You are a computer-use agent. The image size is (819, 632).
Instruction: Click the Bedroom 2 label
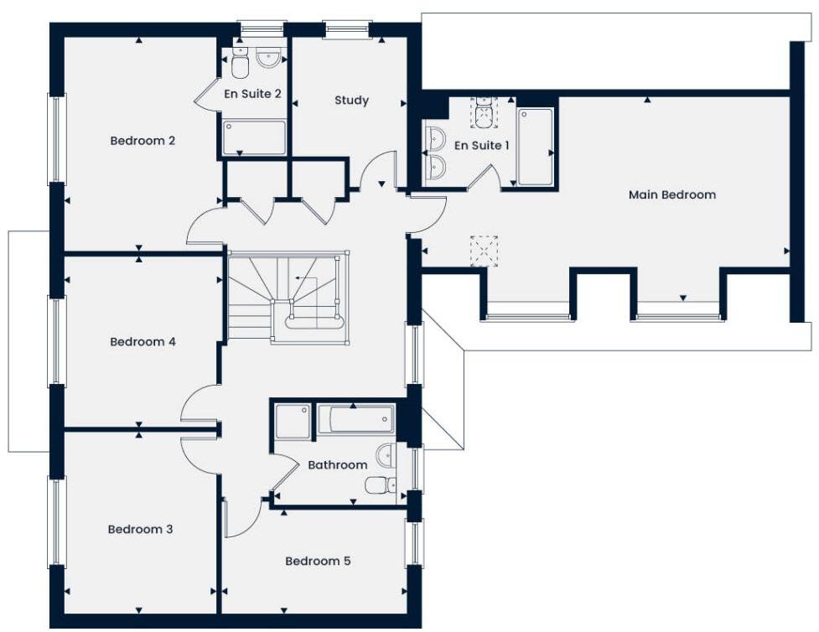click(x=143, y=141)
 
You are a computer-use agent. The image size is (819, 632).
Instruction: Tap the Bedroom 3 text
click(x=140, y=530)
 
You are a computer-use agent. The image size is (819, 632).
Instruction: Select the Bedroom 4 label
click(x=143, y=342)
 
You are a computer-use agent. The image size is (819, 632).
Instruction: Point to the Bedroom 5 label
click(x=318, y=561)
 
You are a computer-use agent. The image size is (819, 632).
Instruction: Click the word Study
click(x=351, y=101)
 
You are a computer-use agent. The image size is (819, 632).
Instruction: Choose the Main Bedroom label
click(x=672, y=194)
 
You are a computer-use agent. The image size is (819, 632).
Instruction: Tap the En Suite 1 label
click(x=482, y=146)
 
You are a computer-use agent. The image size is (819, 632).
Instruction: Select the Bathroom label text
click(x=337, y=464)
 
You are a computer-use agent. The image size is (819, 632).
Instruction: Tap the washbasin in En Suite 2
click(x=269, y=58)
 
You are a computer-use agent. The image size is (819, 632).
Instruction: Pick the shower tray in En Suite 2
click(x=254, y=137)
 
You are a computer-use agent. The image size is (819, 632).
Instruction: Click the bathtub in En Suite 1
click(x=535, y=147)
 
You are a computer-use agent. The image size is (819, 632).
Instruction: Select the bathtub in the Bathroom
click(x=355, y=419)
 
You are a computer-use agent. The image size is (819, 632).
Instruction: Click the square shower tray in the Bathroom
click(x=293, y=421)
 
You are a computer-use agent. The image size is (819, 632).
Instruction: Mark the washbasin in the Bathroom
click(x=385, y=456)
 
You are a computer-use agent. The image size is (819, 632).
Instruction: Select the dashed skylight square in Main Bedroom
click(x=484, y=251)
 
